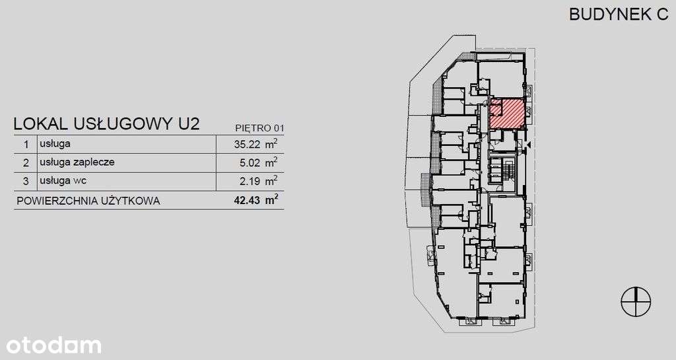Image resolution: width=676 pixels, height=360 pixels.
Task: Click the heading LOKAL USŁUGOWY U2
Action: coord(106,124)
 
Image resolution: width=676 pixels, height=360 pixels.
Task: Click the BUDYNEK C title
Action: coord(619,15)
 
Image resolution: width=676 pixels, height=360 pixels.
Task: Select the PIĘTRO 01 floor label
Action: coord(260,128)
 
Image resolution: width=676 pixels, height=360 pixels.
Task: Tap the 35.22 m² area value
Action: coord(255,144)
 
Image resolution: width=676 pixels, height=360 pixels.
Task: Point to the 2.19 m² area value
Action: coord(258,181)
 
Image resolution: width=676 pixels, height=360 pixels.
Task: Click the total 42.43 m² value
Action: coord(255,200)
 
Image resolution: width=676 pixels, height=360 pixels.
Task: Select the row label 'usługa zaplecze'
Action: coord(77,162)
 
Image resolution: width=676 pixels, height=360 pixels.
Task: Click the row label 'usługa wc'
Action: coord(63,180)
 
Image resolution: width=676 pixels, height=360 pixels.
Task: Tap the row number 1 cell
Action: coord(26,144)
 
